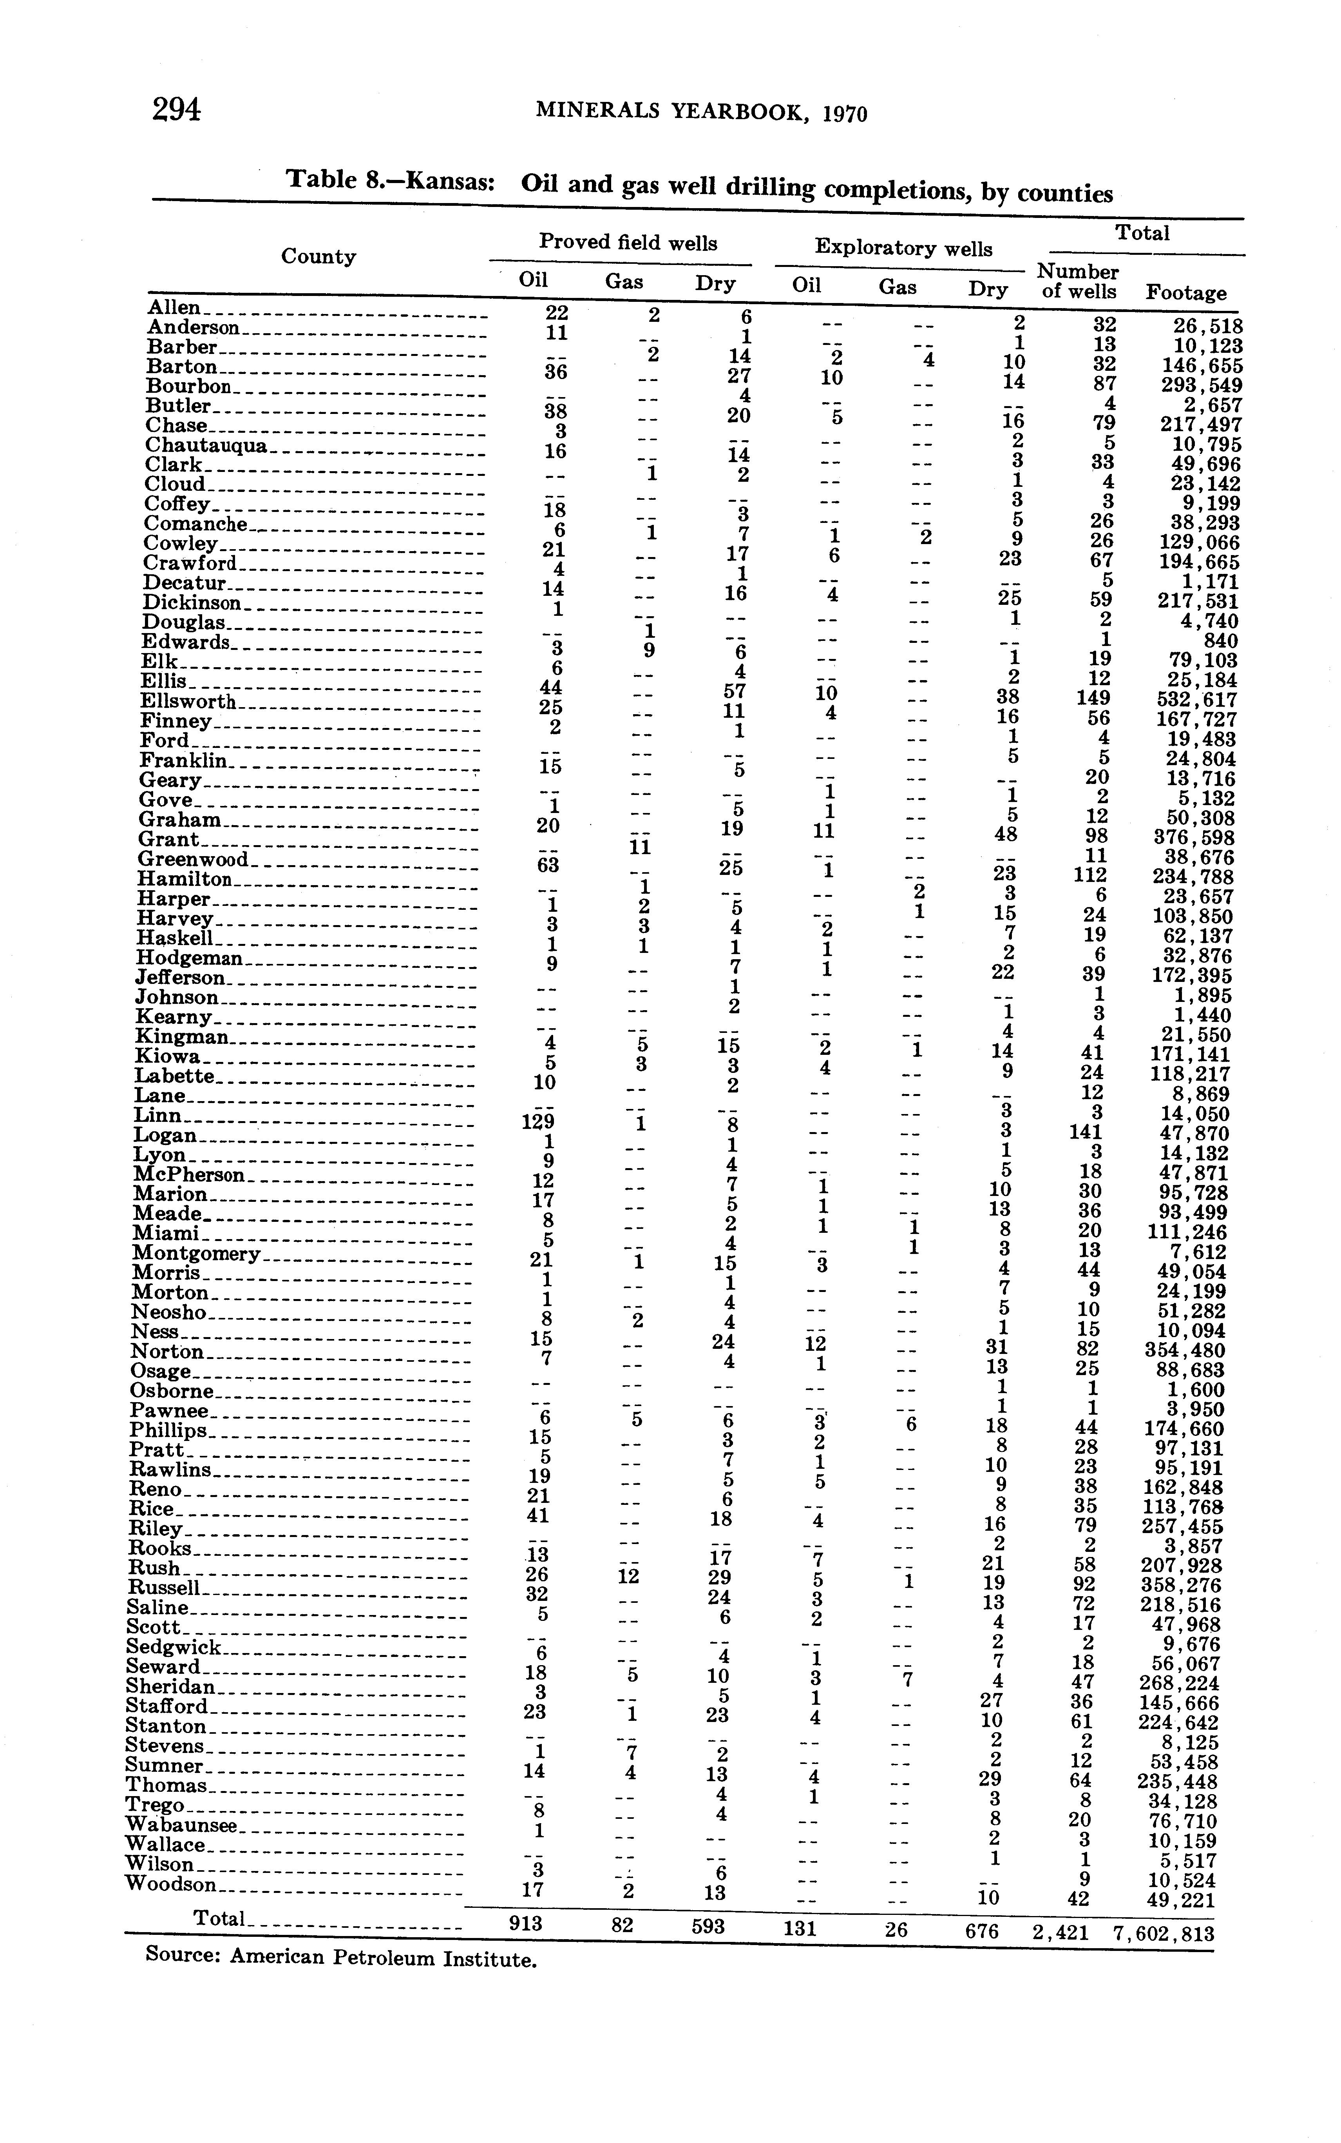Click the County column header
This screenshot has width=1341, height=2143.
pos(319,256)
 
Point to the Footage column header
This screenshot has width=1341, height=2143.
pos(1186,293)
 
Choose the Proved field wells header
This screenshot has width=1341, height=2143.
pos(628,242)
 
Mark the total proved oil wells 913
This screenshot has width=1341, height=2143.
pos(525,1923)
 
